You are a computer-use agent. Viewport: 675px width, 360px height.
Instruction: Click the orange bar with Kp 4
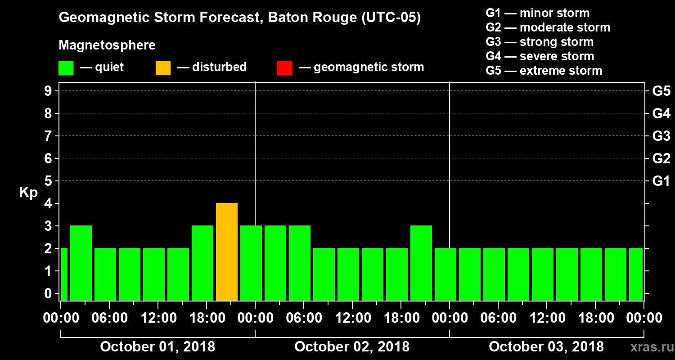coord(227,252)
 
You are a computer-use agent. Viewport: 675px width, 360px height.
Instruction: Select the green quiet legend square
coord(66,67)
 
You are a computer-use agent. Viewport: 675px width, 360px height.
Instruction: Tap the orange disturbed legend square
coord(163,67)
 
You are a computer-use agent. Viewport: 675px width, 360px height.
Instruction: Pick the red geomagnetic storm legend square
coord(284,67)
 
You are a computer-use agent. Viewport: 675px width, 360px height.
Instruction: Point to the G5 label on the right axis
coord(661,91)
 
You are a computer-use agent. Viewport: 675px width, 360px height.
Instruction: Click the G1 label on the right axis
coord(661,181)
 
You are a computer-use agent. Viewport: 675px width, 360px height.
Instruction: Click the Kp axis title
coord(28,193)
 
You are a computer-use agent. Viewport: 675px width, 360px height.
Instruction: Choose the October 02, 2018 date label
coord(352,347)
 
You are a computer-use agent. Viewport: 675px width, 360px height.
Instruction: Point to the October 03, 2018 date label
coord(546,347)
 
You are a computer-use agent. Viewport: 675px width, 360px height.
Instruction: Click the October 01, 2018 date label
coord(157,347)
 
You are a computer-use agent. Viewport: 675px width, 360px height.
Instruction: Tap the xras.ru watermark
coord(648,347)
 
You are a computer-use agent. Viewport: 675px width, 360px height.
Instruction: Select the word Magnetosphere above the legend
coord(107,45)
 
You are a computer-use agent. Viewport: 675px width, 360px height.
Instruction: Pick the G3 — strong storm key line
coord(540,42)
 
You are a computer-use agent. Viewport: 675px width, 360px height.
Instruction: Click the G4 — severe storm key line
coord(540,56)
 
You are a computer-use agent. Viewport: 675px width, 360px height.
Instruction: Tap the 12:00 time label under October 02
coord(352,318)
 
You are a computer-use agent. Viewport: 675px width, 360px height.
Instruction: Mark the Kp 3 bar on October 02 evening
coord(421,263)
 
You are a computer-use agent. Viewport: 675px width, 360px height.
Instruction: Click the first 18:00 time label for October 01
coord(207,318)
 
